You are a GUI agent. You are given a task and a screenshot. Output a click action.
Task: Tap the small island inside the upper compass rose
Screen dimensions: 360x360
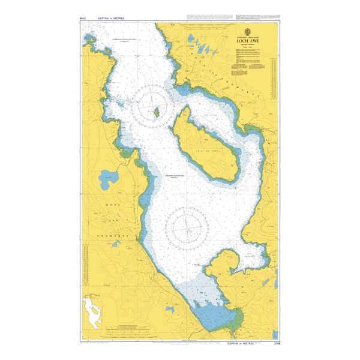(158, 112)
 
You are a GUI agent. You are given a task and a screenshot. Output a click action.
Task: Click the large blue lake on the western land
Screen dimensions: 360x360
(109, 178)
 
